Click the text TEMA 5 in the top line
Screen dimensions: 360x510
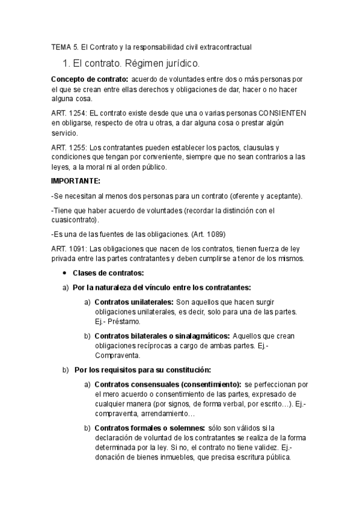coord(61,46)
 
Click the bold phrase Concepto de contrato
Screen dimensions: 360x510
coord(89,79)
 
